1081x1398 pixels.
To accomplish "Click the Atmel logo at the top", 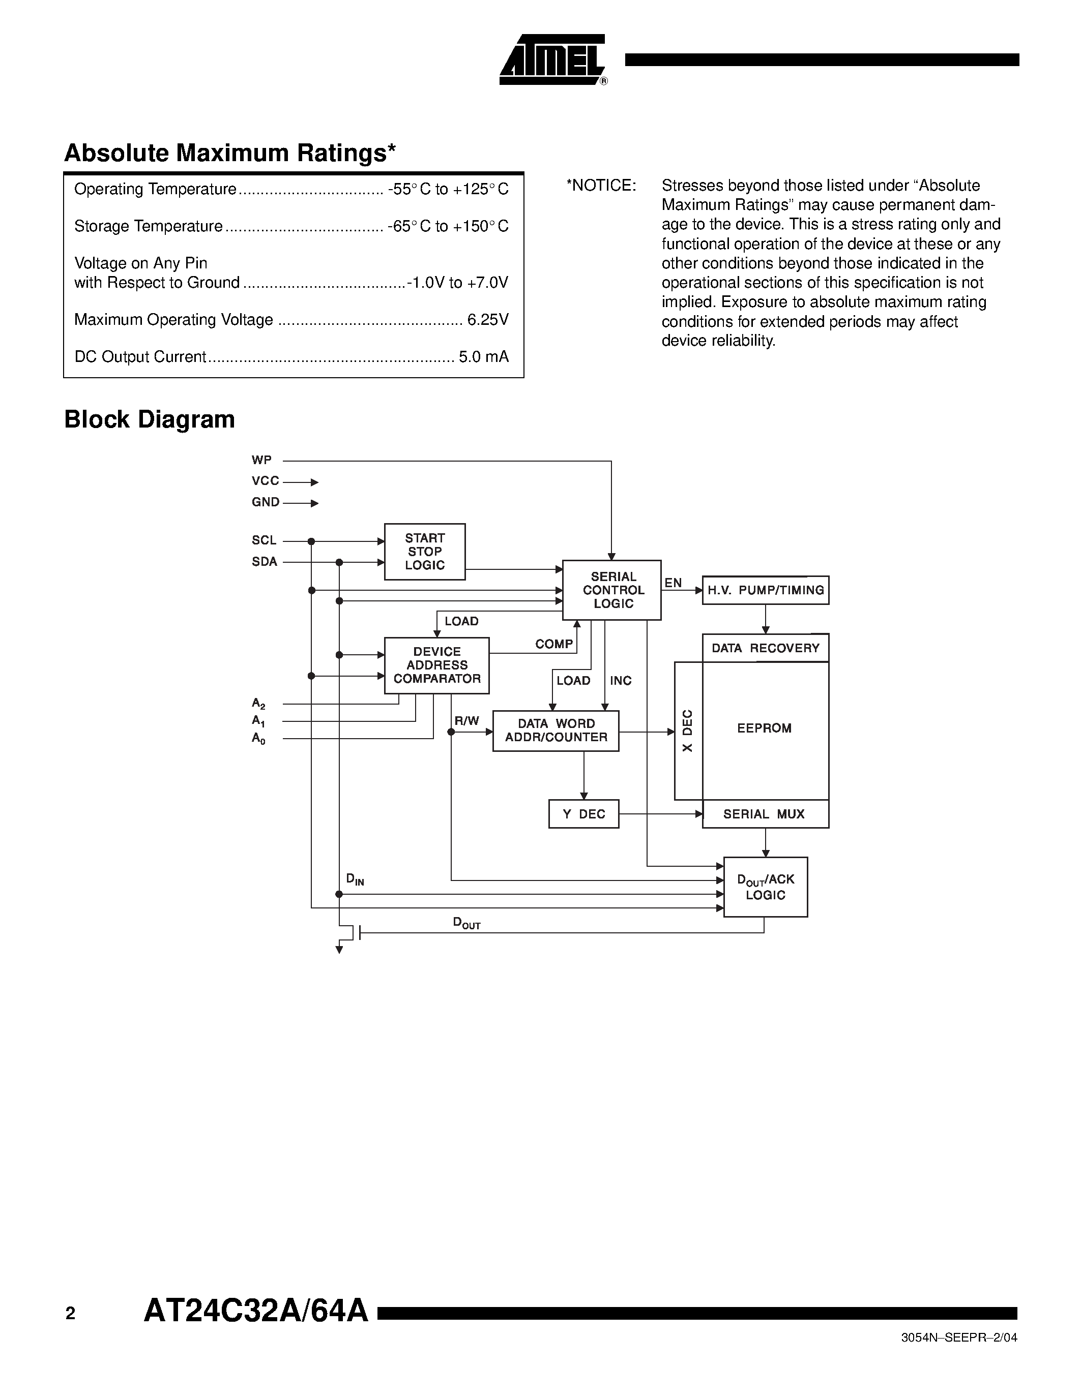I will (x=552, y=60).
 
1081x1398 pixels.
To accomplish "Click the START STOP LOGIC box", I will (x=425, y=552).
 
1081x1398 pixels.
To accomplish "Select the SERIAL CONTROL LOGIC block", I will (x=612, y=590).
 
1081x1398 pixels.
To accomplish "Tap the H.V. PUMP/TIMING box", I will (x=765, y=590).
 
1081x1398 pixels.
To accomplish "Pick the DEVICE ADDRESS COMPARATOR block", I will (x=437, y=665).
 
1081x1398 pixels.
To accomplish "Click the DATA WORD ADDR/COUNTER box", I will (x=556, y=731).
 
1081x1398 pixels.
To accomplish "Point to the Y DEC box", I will (x=583, y=813).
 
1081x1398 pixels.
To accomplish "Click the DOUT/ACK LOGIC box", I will (x=765, y=887).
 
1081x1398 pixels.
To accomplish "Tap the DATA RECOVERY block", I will (x=765, y=648).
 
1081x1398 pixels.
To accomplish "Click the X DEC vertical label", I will (x=688, y=731).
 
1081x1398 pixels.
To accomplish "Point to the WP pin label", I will (x=261, y=460).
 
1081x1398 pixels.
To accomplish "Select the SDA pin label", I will (x=264, y=561).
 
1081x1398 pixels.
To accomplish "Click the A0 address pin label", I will (x=258, y=738).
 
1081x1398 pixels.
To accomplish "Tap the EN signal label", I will (x=673, y=583).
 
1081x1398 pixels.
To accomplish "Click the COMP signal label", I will (x=554, y=644).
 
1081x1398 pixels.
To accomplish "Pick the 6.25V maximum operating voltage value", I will (x=488, y=319).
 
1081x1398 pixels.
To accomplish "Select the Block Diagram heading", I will (x=149, y=419).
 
